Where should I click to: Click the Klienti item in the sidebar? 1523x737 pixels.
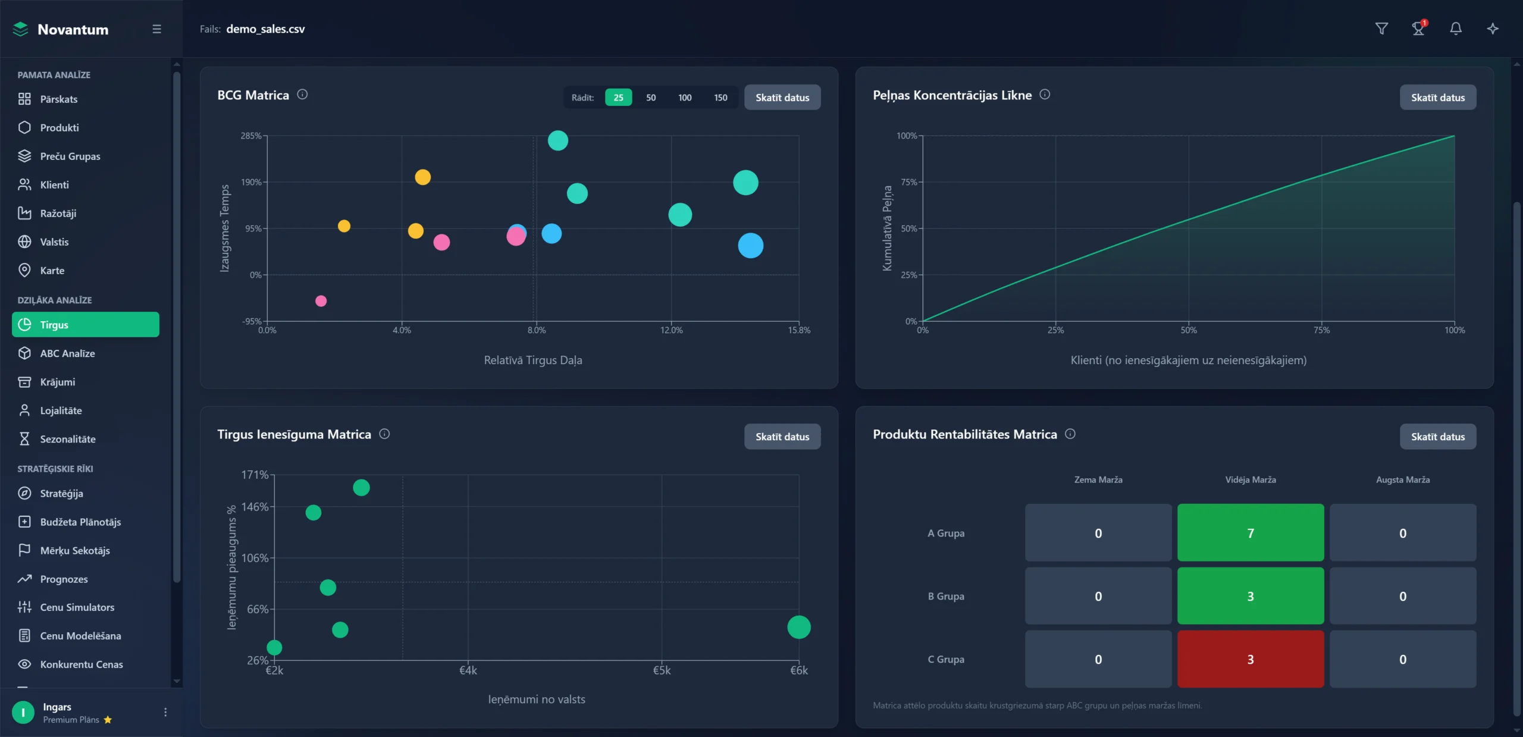[54, 185]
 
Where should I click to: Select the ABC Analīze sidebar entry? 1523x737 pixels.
[67, 353]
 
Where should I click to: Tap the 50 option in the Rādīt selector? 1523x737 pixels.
[651, 98]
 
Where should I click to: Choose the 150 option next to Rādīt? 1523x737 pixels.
[720, 98]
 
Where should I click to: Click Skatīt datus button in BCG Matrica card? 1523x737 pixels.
[782, 98]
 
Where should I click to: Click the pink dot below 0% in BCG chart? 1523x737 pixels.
[321, 301]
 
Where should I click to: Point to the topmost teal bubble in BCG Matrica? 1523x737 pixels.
[557, 141]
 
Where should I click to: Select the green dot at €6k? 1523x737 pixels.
[798, 627]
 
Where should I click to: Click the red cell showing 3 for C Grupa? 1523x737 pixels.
[1250, 659]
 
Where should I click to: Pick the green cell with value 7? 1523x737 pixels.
[1250, 533]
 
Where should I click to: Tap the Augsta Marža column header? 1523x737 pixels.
[1402, 480]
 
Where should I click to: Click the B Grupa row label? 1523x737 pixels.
[946, 596]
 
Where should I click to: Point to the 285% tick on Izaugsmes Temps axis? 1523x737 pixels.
[251, 136]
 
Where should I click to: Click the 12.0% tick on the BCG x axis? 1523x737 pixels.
[671, 330]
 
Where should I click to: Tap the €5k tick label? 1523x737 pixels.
[662, 670]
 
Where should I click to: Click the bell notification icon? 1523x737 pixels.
[1455, 29]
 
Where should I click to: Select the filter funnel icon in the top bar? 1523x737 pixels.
[1381, 29]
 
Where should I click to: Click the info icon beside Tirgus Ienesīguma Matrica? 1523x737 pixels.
[384, 434]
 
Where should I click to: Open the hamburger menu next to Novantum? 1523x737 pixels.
[157, 29]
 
